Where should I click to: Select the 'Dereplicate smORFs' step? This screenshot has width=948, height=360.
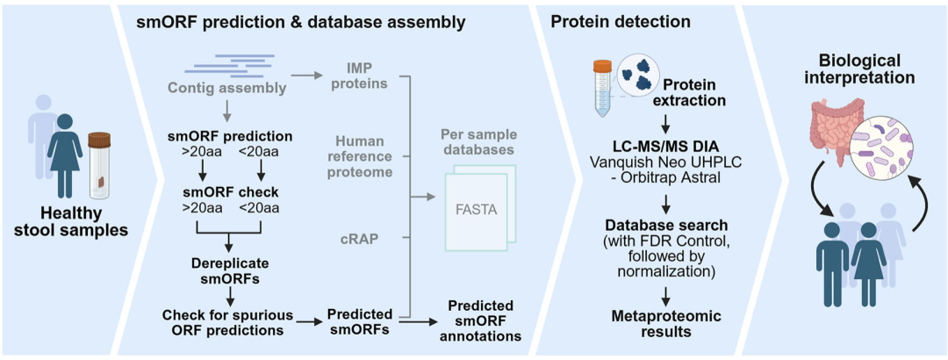[x=228, y=270]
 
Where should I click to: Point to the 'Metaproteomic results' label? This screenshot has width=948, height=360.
[x=665, y=323]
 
